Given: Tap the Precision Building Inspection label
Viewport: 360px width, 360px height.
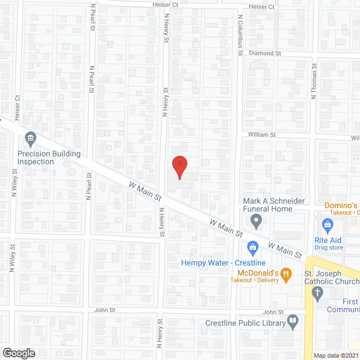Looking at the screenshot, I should (49, 157).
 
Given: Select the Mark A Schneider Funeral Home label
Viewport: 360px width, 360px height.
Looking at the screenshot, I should (275, 205).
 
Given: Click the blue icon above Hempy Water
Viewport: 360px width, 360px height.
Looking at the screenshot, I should (253, 246).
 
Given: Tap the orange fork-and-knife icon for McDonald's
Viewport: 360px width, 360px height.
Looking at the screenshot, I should (286, 274).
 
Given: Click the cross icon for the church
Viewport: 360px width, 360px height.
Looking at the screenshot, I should (317, 292).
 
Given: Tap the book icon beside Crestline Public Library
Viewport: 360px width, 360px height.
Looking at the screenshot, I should (292, 322).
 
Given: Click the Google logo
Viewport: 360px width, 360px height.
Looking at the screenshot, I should (18, 353).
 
